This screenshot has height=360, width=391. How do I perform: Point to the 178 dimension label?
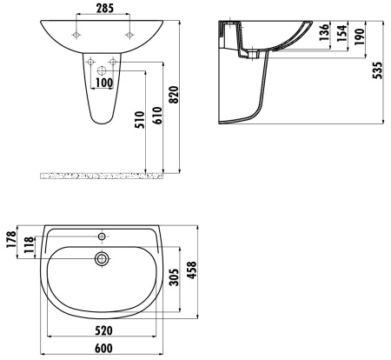(x=10, y=237)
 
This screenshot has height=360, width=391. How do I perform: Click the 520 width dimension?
(x=103, y=331)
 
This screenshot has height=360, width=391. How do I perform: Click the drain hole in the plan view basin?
(x=102, y=257)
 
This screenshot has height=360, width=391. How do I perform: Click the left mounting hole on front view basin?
(x=77, y=36)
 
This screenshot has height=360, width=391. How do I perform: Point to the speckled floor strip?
(x=103, y=176)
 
